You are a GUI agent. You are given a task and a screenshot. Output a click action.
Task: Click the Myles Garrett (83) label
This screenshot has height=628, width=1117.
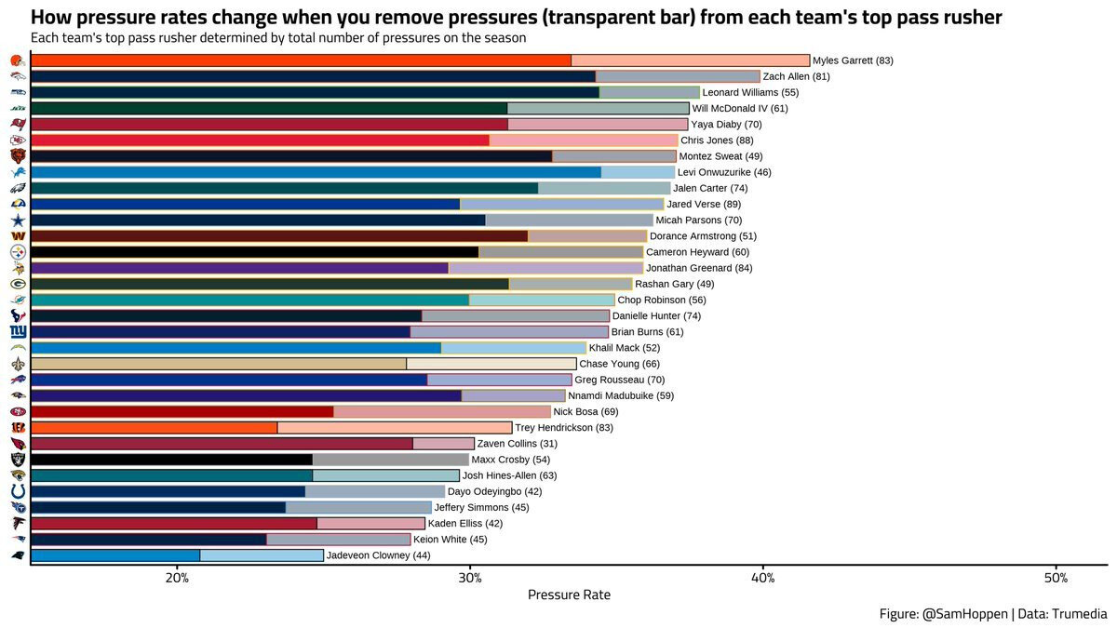coord(853,60)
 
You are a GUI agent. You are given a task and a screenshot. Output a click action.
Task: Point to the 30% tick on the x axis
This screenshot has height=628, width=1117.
coord(470,565)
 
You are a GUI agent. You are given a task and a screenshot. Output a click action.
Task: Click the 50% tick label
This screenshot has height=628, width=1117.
coord(1056,578)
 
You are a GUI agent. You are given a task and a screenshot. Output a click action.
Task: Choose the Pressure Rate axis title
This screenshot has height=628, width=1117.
coord(569,595)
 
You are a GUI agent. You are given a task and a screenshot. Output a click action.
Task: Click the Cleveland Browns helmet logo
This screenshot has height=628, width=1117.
coord(17,60)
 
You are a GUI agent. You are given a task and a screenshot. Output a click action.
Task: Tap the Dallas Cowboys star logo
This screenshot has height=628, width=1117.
coord(17,220)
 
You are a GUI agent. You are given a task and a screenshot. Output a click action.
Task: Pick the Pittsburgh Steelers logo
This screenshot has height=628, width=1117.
coord(17,252)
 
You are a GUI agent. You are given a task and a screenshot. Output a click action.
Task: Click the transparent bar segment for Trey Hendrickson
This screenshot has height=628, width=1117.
coord(395,428)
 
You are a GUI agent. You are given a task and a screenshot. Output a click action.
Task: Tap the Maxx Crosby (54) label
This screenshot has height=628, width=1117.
coord(510,460)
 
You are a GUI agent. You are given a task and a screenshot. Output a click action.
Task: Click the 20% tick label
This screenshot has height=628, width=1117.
coord(177,578)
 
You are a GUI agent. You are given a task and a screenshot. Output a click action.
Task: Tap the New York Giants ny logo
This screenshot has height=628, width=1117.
coord(17,332)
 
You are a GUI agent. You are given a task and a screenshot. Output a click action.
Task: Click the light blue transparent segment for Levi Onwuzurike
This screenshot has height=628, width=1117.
coord(638,172)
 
